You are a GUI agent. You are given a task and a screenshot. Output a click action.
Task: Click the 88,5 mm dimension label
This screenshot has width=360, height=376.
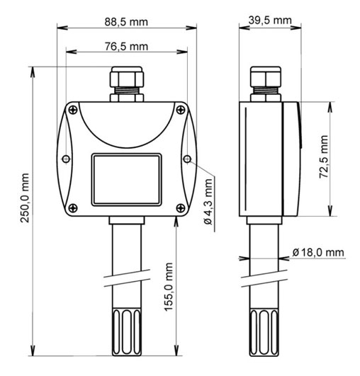click(x=126, y=22)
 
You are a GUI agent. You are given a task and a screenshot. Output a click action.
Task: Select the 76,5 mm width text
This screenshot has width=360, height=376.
click(x=126, y=46)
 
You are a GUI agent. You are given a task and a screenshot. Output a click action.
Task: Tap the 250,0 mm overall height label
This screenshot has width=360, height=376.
click(x=25, y=198)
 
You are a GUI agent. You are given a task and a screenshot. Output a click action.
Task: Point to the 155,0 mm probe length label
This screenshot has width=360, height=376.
click(x=169, y=287)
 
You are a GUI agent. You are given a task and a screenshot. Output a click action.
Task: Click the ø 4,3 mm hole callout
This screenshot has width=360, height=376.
click(x=208, y=202)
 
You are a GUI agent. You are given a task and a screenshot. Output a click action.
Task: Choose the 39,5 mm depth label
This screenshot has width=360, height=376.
click(x=270, y=20)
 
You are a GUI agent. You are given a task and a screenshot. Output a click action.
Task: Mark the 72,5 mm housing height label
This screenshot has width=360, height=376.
click(x=324, y=156)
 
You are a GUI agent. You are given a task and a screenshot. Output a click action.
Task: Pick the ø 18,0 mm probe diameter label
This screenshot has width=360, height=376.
click(x=318, y=252)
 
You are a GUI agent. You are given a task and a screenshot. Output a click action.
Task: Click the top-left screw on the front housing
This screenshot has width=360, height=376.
click(x=73, y=110)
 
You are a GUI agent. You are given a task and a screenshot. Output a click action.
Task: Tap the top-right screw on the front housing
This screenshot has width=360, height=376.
click(x=181, y=110)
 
